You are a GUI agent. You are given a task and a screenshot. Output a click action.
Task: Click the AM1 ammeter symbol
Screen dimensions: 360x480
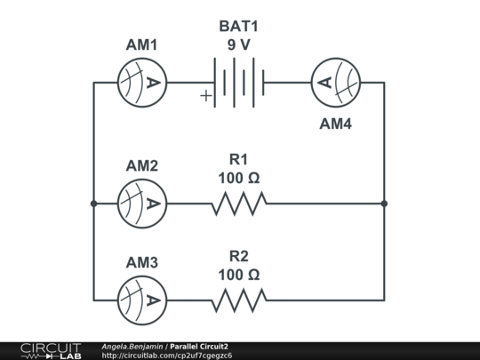tap(142, 83)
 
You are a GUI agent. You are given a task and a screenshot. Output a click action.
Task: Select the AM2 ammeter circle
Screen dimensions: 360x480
tap(142, 204)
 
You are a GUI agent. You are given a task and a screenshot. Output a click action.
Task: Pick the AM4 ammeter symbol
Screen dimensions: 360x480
tap(335, 83)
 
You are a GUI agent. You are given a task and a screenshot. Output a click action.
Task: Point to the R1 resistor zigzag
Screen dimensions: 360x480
tap(238, 204)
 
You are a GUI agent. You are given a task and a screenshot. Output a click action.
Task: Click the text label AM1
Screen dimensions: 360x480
tap(142, 45)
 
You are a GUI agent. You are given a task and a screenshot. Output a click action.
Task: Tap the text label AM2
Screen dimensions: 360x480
tap(142, 166)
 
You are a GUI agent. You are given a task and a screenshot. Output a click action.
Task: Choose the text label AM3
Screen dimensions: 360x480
tap(142, 263)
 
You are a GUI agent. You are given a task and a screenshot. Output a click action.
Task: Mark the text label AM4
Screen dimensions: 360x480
tap(335, 124)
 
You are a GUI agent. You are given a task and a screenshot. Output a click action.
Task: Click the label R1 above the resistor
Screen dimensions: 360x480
tap(238, 159)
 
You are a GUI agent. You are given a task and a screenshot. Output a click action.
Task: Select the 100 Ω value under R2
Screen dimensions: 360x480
tap(238, 275)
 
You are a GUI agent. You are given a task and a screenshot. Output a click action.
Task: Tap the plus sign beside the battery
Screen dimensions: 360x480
tap(206, 96)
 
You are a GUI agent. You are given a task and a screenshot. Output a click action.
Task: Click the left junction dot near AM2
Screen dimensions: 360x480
tap(93, 204)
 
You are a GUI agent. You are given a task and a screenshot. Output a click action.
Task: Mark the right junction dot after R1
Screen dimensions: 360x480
tap(384, 204)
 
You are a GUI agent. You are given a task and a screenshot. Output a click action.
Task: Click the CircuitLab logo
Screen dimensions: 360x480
tap(50, 350)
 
